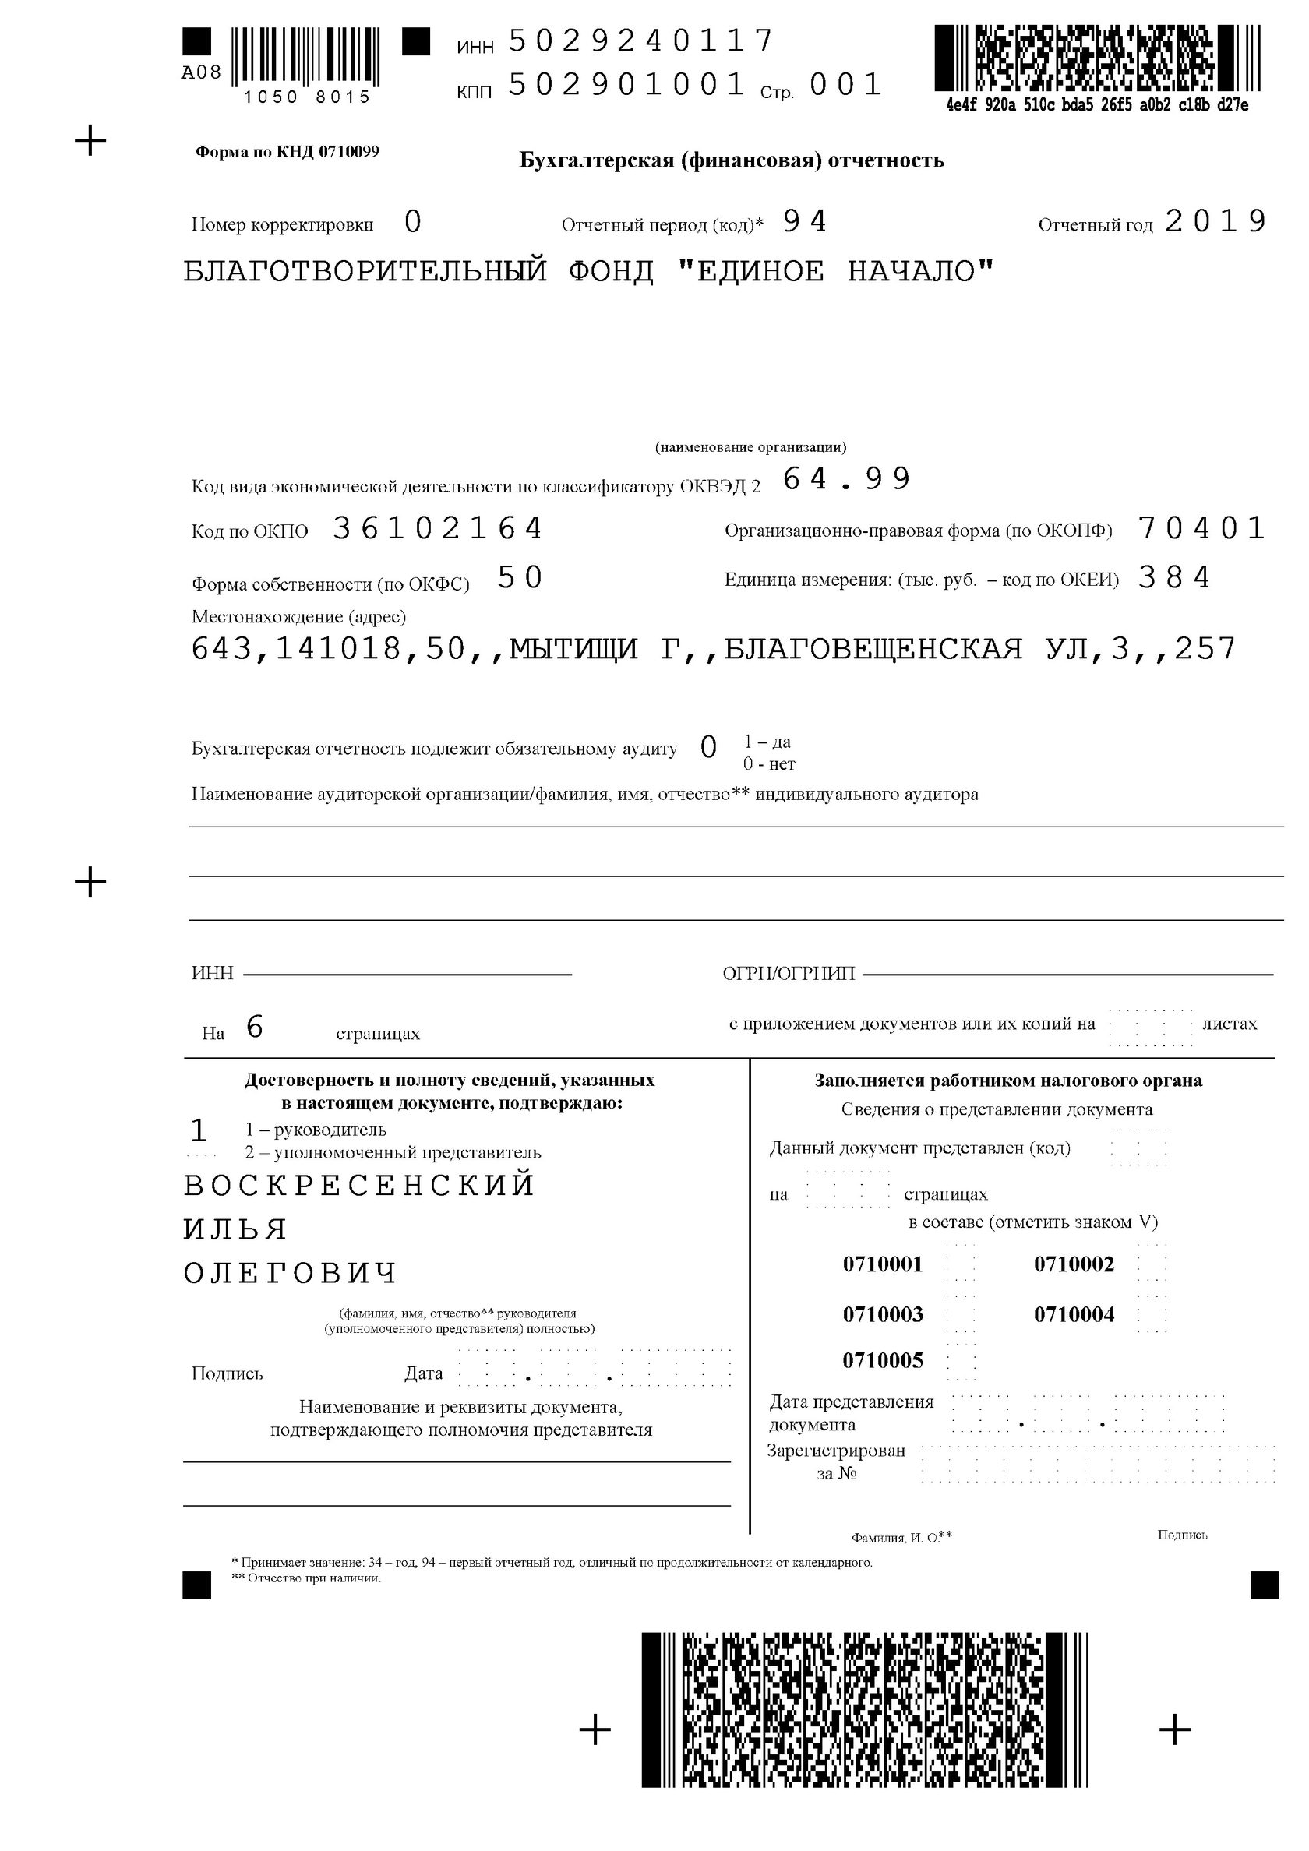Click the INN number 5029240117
(x=641, y=41)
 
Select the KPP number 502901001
(x=626, y=86)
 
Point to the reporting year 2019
(x=1216, y=222)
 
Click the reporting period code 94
(x=805, y=222)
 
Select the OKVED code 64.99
(x=847, y=480)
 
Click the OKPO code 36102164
(x=438, y=529)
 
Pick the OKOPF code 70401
(x=1201, y=529)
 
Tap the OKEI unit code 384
(x=1174, y=578)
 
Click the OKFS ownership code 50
(x=520, y=578)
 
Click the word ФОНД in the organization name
(x=612, y=272)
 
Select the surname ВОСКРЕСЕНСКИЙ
(x=360, y=1186)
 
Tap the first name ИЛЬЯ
(x=235, y=1230)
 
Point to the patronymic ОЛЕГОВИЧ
(x=291, y=1275)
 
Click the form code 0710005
(x=882, y=1362)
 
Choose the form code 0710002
(x=1074, y=1265)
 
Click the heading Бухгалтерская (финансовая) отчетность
(x=732, y=160)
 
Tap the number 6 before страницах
(x=255, y=1028)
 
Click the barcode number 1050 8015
(x=307, y=97)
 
